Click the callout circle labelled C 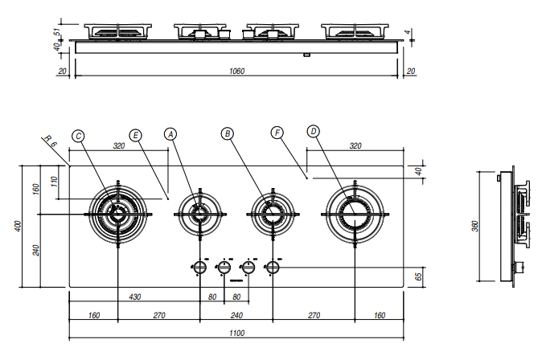click(x=78, y=136)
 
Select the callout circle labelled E click(x=136, y=136)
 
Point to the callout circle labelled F click(x=277, y=133)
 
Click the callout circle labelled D click(x=314, y=131)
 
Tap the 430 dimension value click(x=134, y=297)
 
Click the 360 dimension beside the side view click(x=474, y=226)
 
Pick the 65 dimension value click(x=417, y=276)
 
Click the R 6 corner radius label click(x=51, y=144)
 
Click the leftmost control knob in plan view click(x=199, y=267)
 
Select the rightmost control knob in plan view click(x=272, y=267)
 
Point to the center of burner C click(x=118, y=215)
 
